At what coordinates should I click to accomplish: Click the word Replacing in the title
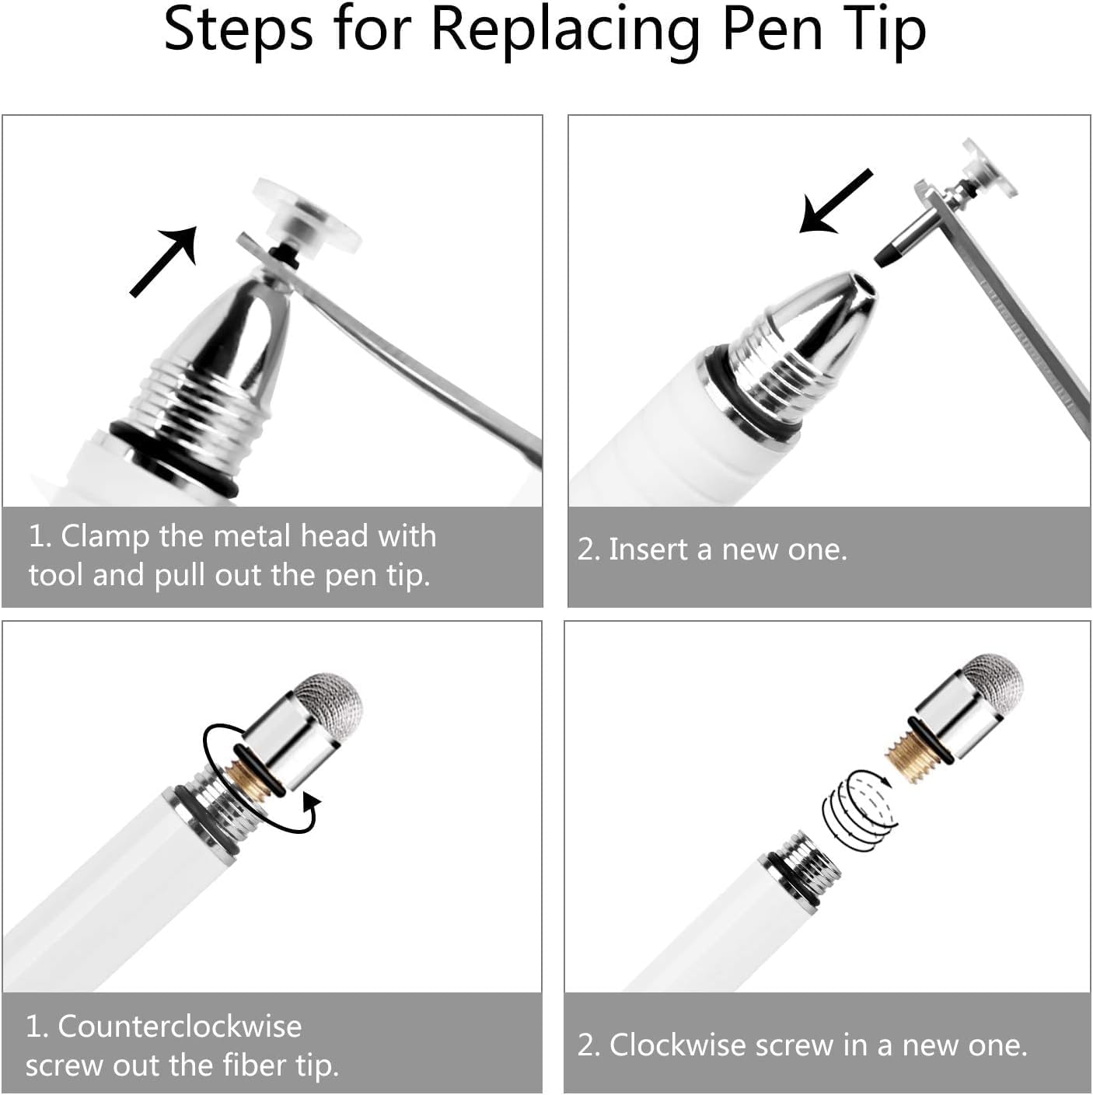[x=565, y=31]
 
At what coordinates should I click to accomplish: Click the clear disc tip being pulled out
[x=307, y=219]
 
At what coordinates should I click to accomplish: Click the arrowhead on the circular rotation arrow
[x=311, y=802]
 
